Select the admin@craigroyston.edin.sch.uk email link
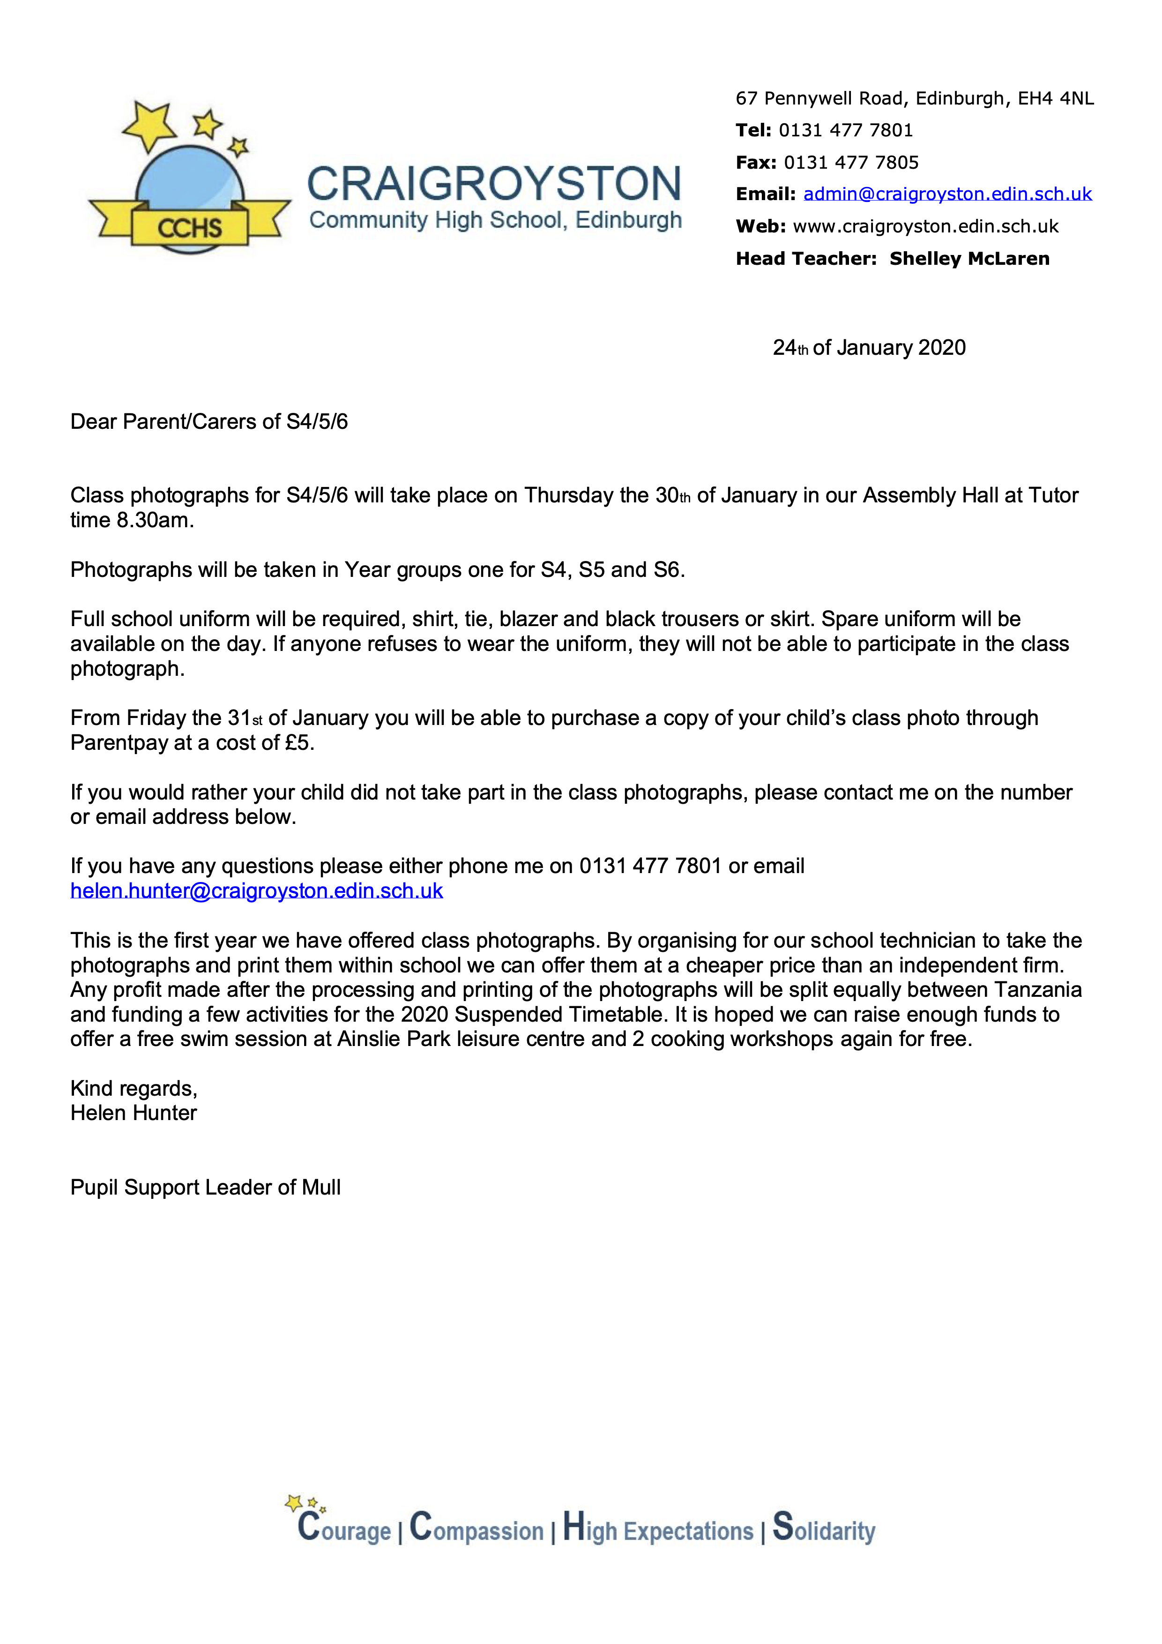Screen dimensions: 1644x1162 pyautogui.click(x=947, y=194)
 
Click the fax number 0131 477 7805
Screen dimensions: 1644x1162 pyautogui.click(x=850, y=163)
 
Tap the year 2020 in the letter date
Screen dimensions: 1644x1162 pyautogui.click(x=941, y=348)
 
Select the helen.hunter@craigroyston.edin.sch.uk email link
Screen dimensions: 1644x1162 pyautogui.click(x=256, y=891)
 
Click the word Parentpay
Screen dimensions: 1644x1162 pyautogui.click(x=119, y=743)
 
